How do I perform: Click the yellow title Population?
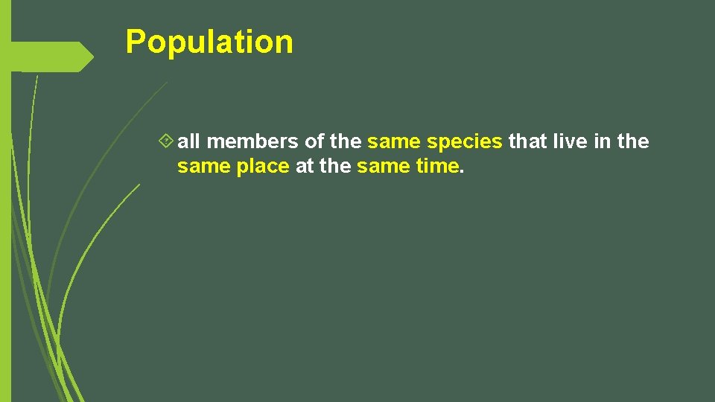(209, 42)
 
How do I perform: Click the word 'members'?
(253, 141)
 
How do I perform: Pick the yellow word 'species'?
(465, 142)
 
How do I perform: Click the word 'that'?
(527, 141)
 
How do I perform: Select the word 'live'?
(571, 141)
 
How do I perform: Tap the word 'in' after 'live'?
(603, 141)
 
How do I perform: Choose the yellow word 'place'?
(263, 167)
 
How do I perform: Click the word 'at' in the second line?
(305, 167)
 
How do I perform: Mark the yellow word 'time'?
(437, 167)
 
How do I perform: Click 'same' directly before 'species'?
(395, 142)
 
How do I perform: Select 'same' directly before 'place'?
(204, 167)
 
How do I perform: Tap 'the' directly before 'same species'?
(345, 141)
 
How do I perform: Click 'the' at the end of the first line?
(633, 141)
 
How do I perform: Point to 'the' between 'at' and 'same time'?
(335, 167)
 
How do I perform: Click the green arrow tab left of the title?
(52, 57)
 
